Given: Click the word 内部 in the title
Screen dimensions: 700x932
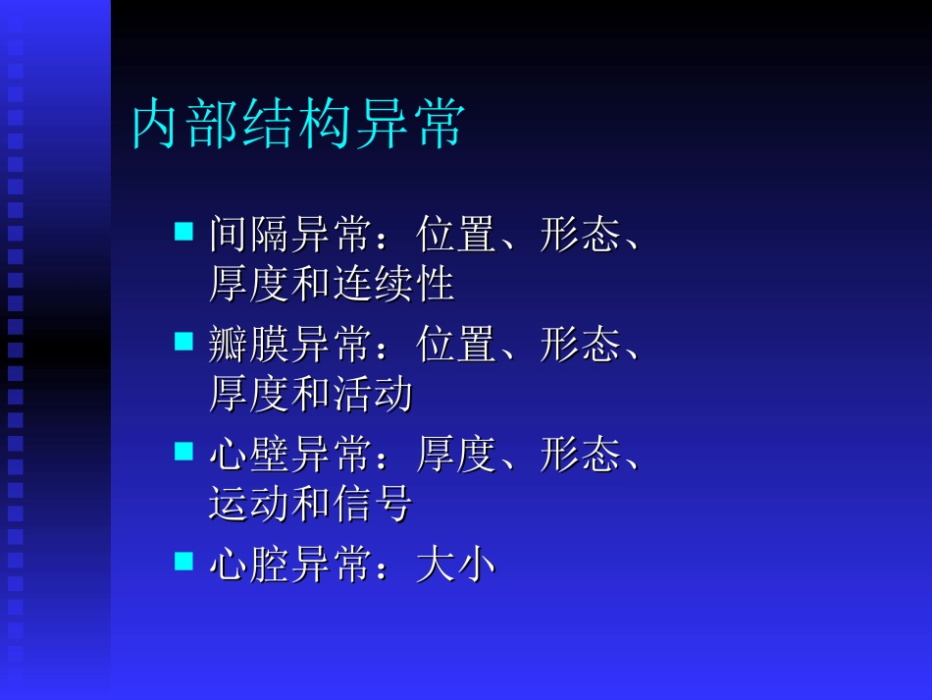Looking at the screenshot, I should point(187,125).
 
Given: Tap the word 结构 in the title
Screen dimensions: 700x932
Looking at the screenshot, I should point(298,125).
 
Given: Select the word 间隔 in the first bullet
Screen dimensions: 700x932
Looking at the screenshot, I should point(248,236).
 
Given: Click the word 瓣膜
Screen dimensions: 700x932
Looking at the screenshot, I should point(248,346).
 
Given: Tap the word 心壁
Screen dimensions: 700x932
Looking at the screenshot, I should point(248,456).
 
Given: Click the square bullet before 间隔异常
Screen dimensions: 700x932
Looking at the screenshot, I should point(183,232).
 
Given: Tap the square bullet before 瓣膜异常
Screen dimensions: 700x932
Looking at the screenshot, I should point(183,342).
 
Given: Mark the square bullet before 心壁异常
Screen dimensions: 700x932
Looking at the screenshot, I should point(183,452).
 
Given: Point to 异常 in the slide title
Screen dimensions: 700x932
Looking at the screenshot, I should point(410,125).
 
